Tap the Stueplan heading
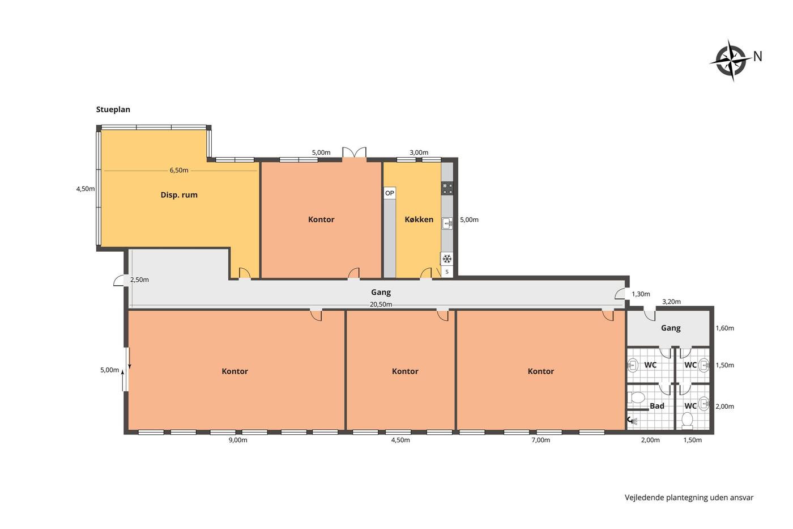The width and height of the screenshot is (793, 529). click(x=113, y=109)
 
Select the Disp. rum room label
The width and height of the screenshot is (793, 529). click(x=179, y=195)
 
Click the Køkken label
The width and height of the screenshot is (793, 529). click(x=419, y=219)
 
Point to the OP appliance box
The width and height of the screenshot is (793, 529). click(x=390, y=193)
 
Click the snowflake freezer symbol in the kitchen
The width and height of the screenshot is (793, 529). click(x=447, y=259)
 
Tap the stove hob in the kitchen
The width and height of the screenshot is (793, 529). click(x=447, y=188)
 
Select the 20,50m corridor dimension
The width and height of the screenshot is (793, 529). click(x=381, y=304)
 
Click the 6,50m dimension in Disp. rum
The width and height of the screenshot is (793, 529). click(x=179, y=171)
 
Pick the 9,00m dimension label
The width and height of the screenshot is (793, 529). click(x=238, y=440)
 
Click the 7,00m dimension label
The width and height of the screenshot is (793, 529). click(x=540, y=440)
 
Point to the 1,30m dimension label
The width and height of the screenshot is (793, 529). click(x=641, y=294)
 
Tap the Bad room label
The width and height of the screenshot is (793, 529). click(x=656, y=406)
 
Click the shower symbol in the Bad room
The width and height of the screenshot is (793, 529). click(x=632, y=421)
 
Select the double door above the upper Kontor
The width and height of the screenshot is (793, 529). click(x=354, y=153)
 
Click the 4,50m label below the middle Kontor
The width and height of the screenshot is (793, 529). click(x=400, y=440)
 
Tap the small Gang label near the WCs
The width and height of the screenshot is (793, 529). click(x=671, y=328)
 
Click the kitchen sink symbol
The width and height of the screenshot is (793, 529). click(x=447, y=223)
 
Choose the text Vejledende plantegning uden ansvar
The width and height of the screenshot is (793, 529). click(x=689, y=497)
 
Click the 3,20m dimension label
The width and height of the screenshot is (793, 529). click(x=671, y=302)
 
